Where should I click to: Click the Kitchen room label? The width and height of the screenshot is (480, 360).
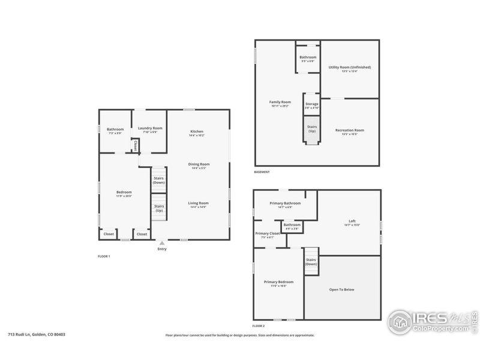click(197, 131)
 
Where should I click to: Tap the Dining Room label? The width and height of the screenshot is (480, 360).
click(199, 164)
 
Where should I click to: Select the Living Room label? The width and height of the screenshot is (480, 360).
click(198, 203)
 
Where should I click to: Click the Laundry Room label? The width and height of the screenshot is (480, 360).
click(150, 128)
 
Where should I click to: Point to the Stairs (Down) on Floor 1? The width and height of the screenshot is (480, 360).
click(159, 180)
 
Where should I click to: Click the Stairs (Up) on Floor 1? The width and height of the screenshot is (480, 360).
click(159, 208)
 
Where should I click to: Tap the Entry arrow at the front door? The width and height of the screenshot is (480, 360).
click(162, 244)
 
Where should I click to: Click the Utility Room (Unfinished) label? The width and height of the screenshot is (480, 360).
click(350, 67)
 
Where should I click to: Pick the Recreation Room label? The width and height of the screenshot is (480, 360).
click(350, 130)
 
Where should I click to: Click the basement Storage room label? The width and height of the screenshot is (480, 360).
click(312, 104)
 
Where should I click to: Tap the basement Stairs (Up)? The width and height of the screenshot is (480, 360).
click(312, 128)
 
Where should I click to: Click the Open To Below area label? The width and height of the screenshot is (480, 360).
click(342, 290)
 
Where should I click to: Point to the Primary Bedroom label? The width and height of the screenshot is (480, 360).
click(279, 282)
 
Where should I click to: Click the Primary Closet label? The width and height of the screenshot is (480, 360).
click(267, 233)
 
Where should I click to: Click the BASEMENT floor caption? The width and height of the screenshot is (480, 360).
click(262, 172)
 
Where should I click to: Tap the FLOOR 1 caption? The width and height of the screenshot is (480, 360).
click(104, 256)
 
